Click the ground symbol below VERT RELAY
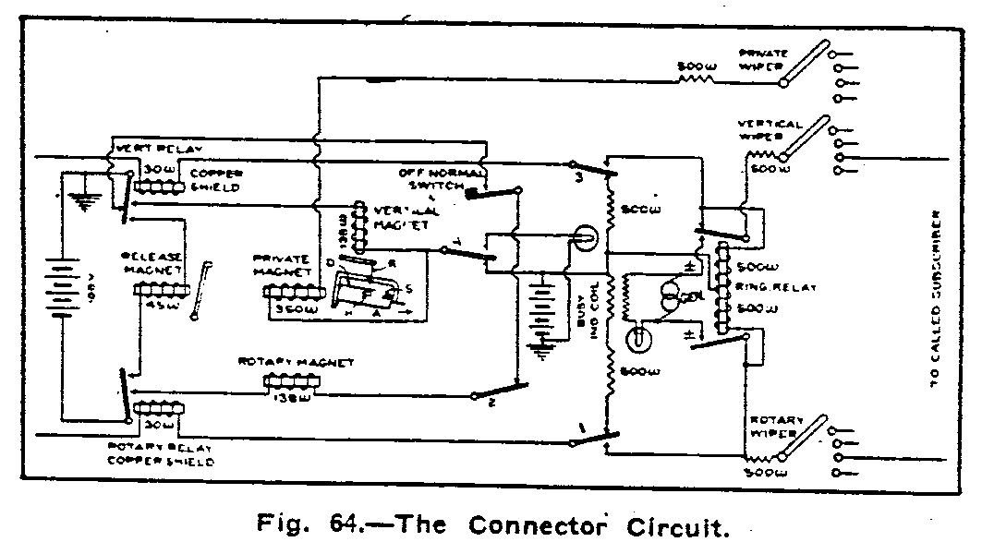click(88, 201)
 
